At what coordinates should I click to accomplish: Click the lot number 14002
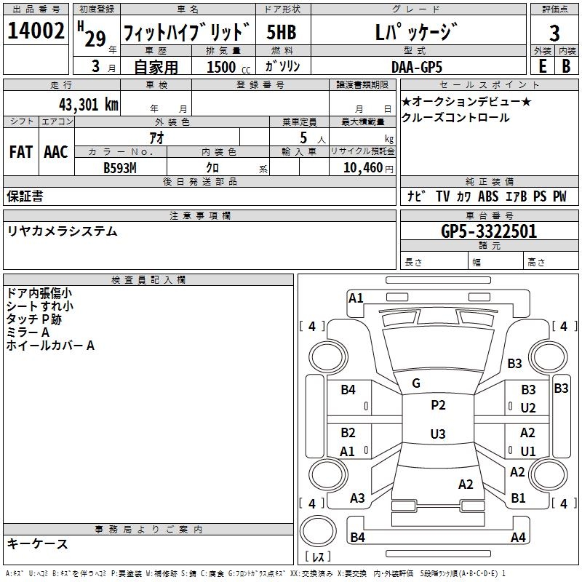click(36, 31)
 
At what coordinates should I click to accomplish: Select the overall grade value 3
click(554, 33)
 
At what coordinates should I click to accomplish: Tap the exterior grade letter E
click(543, 66)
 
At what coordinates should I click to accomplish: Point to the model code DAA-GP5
click(417, 67)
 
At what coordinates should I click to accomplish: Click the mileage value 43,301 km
click(89, 105)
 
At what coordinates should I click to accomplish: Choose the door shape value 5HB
click(282, 32)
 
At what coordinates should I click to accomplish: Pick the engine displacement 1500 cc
click(228, 67)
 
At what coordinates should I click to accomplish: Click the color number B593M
click(120, 168)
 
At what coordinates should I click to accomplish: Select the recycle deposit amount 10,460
click(363, 168)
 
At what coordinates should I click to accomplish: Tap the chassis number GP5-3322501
click(489, 231)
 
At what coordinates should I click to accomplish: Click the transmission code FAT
click(21, 152)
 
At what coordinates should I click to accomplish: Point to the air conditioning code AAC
click(56, 152)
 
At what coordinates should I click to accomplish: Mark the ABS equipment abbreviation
click(488, 196)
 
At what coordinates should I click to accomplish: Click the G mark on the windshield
click(416, 383)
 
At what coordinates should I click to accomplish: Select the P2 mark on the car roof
click(438, 405)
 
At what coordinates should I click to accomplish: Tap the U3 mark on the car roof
click(438, 434)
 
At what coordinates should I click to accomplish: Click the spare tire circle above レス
click(318, 530)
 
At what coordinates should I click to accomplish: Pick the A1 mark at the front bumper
click(356, 298)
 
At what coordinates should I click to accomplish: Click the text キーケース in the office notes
click(38, 544)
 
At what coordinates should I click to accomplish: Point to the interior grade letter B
click(566, 66)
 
